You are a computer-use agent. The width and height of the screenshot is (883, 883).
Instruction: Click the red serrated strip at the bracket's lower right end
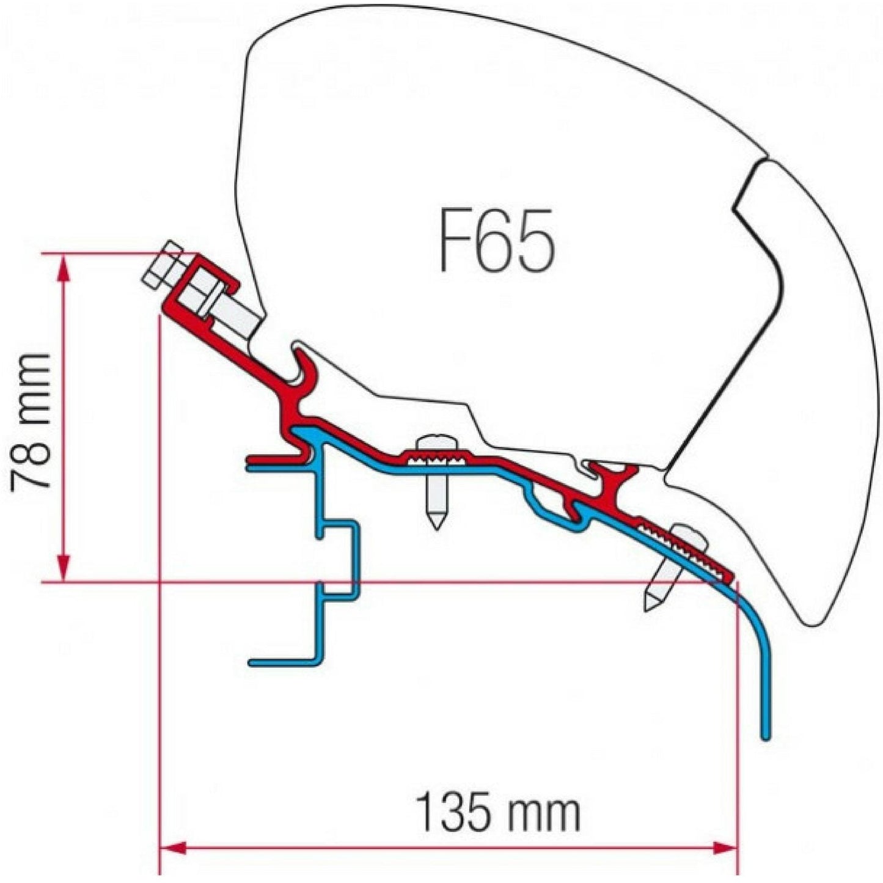tap(684, 548)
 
